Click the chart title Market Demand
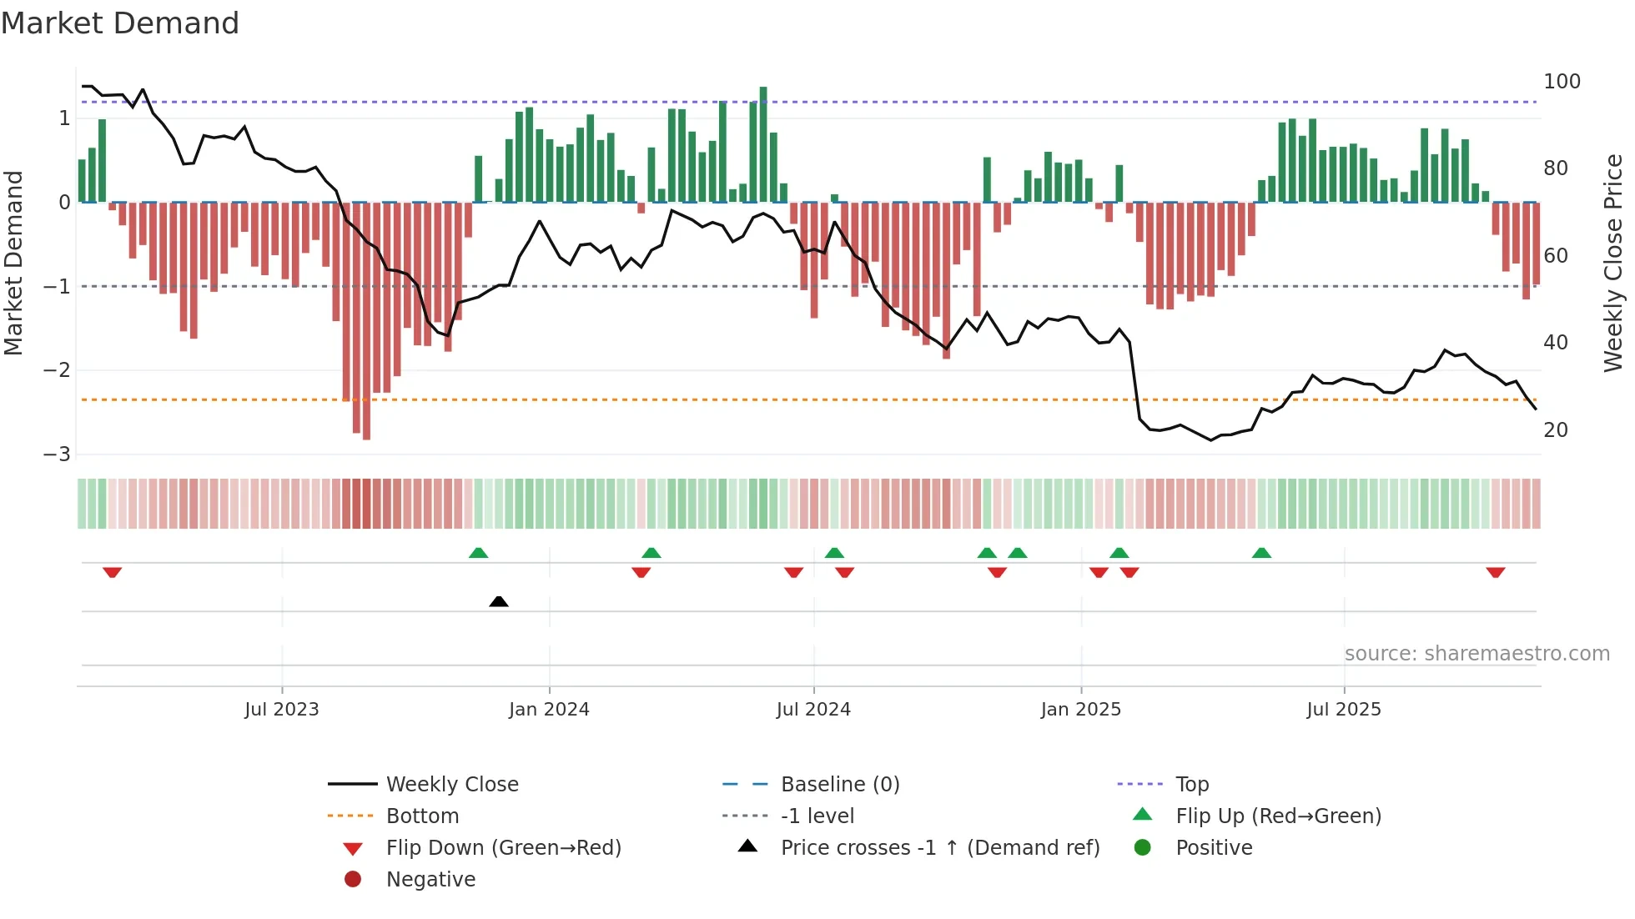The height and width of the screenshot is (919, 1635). [120, 23]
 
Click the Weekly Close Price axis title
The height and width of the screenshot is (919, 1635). [1613, 263]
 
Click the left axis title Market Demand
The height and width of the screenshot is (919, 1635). [13, 263]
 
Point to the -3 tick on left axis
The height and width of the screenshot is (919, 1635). [58, 454]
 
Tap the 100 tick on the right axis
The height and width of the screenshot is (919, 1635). [1562, 82]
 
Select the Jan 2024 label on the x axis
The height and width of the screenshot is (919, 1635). [549, 710]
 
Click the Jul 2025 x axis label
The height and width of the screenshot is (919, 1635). [1344, 710]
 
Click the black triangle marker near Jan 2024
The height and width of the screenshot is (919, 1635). [499, 601]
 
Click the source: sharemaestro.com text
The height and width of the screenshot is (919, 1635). [1477, 654]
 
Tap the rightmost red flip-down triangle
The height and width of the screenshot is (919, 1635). [1495, 572]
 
